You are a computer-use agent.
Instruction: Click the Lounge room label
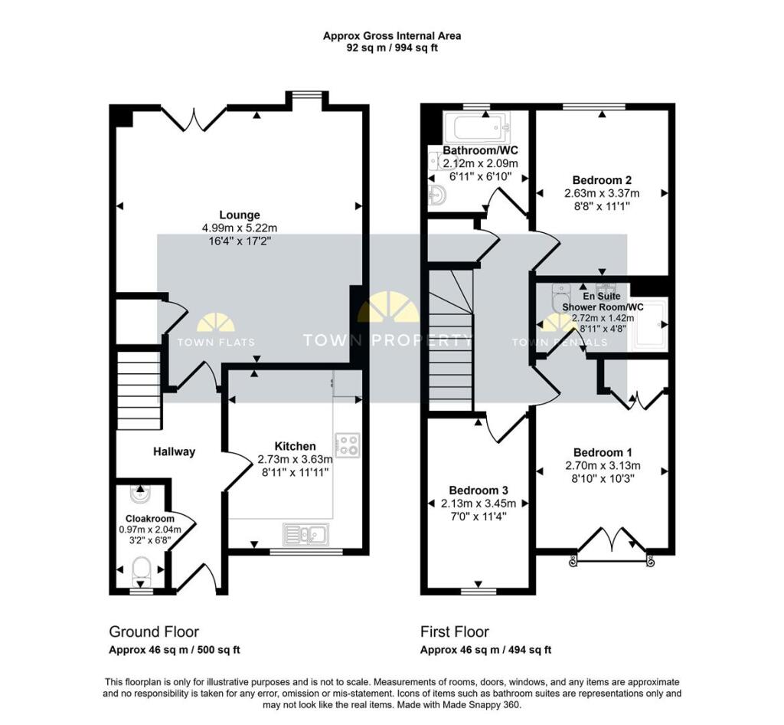point(240,215)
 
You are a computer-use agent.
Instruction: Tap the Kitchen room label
point(295,446)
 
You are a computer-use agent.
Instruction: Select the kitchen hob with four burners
point(348,445)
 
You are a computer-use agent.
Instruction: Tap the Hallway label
point(173,451)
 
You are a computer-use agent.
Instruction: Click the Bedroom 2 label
point(601,180)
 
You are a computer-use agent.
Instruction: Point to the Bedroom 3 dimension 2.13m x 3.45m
point(479,504)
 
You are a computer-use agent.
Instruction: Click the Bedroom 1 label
point(603,452)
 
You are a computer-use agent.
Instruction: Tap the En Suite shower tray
point(649,326)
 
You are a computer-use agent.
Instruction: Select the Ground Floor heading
point(154,632)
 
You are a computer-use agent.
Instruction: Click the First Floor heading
point(454,632)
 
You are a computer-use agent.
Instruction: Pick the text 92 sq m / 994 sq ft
point(391,48)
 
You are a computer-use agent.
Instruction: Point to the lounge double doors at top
point(194,117)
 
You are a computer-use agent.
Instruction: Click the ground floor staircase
point(139,389)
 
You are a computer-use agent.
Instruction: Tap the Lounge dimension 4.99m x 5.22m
point(240,228)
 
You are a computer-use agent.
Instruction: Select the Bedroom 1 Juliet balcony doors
point(612,543)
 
